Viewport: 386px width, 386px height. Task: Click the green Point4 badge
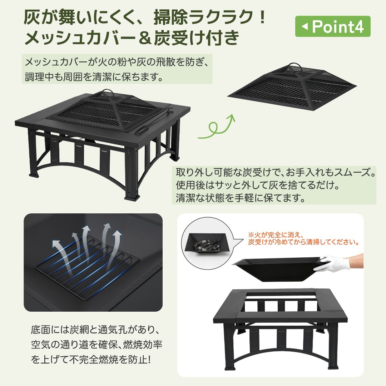(x=332, y=26)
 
